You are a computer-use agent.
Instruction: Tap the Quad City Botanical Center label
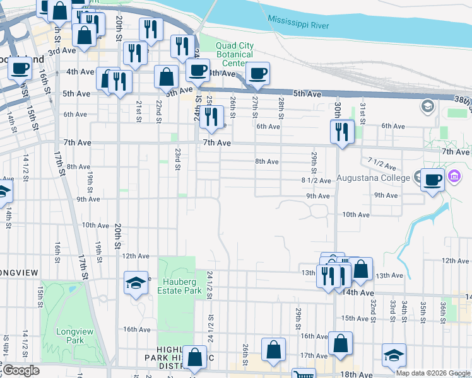pyautogui.click(x=234, y=54)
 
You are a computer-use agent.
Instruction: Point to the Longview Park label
pyautogui.click(x=69, y=335)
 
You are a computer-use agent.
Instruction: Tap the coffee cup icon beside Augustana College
pyautogui.click(x=432, y=180)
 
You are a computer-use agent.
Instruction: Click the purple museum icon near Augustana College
pyautogui.click(x=454, y=178)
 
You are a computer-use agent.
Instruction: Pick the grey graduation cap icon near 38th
pyautogui.click(x=428, y=105)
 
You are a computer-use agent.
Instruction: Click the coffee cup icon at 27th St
pyautogui.click(x=257, y=73)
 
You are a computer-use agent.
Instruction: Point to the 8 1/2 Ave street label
pyautogui.click(x=316, y=180)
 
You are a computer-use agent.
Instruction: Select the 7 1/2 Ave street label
pyautogui.click(x=381, y=164)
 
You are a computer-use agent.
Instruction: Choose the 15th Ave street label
pyautogui.click(x=354, y=319)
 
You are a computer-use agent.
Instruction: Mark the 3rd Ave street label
pyautogui.click(x=62, y=51)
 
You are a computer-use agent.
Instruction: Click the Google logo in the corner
pyautogui.click(x=20, y=370)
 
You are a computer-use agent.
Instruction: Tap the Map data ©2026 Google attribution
pyautogui.click(x=432, y=373)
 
